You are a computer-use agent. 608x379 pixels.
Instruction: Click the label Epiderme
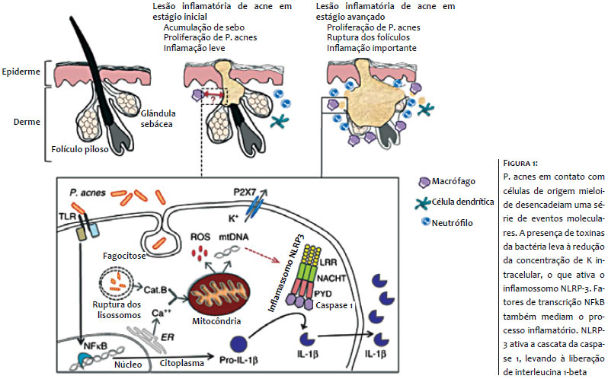point(21,72)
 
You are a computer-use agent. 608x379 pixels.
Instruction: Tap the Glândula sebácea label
point(158,119)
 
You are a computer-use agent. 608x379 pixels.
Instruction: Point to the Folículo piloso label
point(80,149)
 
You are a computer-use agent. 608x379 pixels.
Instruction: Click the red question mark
point(212,100)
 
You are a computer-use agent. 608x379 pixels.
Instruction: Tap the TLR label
point(68,217)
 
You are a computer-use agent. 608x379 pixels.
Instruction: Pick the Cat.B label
point(155,290)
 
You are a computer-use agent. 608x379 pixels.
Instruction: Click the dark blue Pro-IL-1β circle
point(238,343)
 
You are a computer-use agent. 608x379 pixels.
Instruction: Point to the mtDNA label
point(234,237)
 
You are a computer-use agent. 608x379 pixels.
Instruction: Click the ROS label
point(200,237)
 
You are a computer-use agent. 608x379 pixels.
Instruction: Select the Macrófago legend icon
point(424,182)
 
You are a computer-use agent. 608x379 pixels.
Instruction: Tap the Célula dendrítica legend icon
point(422,202)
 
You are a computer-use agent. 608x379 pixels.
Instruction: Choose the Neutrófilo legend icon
point(426,221)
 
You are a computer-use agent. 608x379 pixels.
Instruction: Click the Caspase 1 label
point(334,305)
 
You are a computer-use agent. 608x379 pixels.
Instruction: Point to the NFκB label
point(95,346)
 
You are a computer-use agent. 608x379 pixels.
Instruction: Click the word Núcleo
point(128,365)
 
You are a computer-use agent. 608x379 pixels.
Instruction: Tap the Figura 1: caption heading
point(520,163)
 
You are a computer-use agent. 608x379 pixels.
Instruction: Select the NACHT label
point(331,278)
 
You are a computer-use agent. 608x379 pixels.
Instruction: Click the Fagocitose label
point(124,256)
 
